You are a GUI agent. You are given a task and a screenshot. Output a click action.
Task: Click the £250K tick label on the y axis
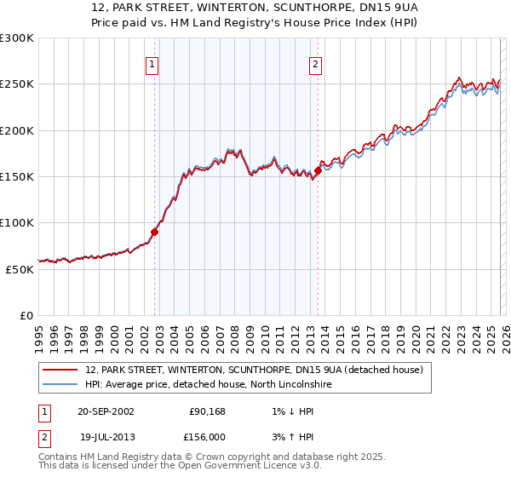(x=17, y=84)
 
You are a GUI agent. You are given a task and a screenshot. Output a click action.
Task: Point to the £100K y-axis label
(x=17, y=222)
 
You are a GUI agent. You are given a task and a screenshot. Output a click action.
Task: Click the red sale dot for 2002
(x=155, y=231)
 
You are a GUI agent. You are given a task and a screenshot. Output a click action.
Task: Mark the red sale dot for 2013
(x=318, y=170)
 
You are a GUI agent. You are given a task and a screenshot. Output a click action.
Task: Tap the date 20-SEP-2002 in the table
(x=106, y=411)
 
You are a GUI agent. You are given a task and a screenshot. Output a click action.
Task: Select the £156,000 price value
(x=205, y=435)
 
